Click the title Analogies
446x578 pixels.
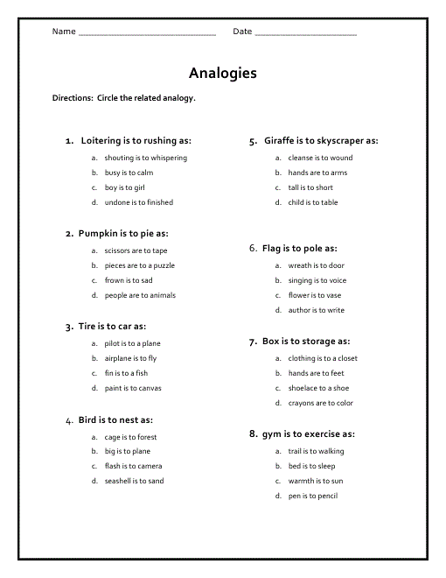222,74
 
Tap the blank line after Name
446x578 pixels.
147,33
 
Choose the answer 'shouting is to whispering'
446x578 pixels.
145,159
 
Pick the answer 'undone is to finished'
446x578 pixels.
138,202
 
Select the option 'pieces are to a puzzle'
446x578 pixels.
139,265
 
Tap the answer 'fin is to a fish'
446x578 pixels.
126,373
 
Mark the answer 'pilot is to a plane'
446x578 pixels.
132,344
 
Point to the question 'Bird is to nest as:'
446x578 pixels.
115,420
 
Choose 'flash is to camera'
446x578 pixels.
133,466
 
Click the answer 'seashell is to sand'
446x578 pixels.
134,481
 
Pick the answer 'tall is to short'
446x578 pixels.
310,187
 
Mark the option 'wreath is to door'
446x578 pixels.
316,265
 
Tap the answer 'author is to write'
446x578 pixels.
316,310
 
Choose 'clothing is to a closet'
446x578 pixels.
322,358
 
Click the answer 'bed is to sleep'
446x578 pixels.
311,466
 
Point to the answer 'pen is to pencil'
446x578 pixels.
312,496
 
